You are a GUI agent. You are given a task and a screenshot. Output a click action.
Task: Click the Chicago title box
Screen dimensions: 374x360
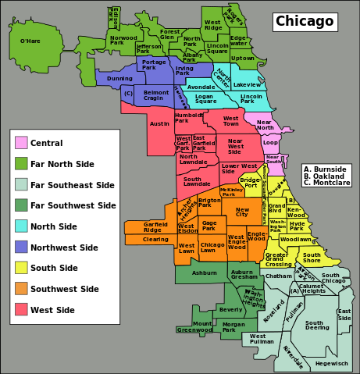click(x=304, y=21)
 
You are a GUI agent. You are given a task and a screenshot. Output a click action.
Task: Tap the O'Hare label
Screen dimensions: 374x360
click(x=30, y=41)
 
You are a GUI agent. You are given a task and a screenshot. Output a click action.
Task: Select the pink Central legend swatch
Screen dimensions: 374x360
click(x=21, y=143)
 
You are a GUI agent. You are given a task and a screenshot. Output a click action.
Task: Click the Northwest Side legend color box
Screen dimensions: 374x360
click(x=21, y=248)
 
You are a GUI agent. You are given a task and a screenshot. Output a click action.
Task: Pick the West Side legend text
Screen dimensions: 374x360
click(x=52, y=310)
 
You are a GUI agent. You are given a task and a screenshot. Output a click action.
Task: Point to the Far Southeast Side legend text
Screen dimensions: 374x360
click(x=73, y=185)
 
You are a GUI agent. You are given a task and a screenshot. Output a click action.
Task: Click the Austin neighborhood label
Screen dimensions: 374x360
click(x=159, y=123)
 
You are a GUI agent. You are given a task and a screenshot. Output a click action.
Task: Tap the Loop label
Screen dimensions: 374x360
click(x=270, y=143)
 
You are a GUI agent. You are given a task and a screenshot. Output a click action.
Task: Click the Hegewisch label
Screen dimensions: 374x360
click(x=332, y=363)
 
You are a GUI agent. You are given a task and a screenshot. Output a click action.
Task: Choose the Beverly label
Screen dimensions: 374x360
click(x=231, y=309)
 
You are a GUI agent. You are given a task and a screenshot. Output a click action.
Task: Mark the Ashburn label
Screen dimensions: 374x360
click(x=205, y=272)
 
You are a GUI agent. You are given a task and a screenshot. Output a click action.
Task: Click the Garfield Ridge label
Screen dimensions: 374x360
click(x=155, y=226)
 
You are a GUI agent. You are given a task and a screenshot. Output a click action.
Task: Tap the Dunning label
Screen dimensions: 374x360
click(x=119, y=78)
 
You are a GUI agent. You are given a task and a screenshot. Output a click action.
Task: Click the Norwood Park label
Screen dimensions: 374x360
click(x=123, y=40)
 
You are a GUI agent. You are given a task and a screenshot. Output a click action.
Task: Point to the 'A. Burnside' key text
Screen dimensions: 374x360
click(x=326, y=169)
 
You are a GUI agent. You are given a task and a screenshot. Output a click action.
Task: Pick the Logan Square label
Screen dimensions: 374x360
click(x=205, y=98)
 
